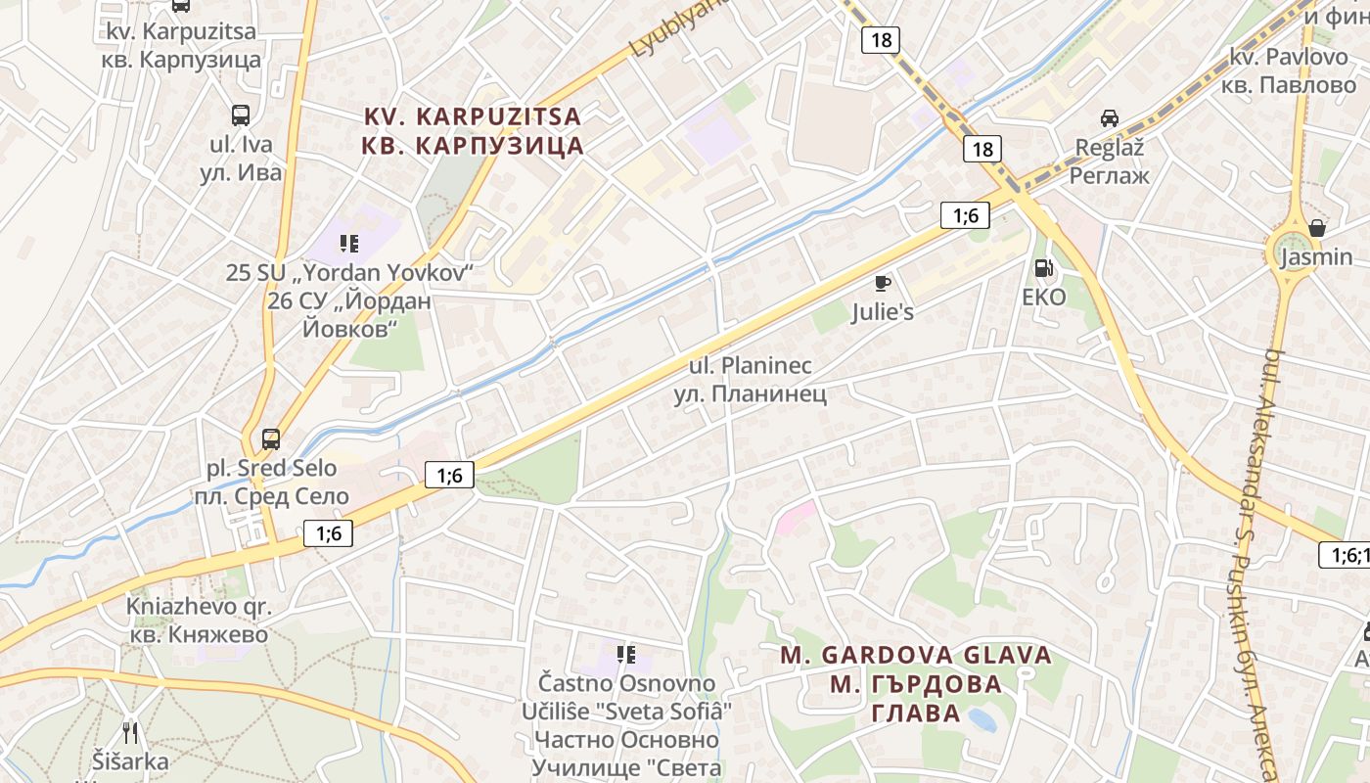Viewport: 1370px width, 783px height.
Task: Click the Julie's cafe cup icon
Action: click(882, 284)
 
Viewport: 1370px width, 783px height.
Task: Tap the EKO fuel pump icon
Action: click(1044, 267)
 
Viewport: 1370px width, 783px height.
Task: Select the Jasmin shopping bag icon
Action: click(1317, 228)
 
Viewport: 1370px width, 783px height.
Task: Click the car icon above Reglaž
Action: click(1109, 117)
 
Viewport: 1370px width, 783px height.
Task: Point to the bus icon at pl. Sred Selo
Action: click(271, 438)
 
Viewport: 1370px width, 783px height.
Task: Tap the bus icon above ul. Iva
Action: click(241, 115)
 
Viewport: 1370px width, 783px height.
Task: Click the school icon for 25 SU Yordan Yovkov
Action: click(349, 243)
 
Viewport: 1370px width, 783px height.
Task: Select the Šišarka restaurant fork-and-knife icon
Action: click(130, 731)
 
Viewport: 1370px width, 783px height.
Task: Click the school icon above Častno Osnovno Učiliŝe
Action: click(626, 653)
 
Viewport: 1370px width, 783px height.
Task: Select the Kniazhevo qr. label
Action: click(199, 606)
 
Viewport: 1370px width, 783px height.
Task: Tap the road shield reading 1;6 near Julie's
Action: click(965, 215)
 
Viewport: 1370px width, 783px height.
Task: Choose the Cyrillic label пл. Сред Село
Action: click(271, 496)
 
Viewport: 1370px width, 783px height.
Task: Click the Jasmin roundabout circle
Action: click(1291, 252)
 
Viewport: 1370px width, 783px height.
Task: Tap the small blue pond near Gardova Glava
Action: click(982, 721)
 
